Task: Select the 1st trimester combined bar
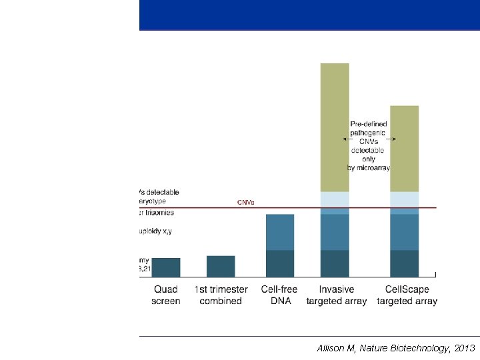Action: click(x=221, y=267)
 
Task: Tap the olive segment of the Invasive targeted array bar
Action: click(x=335, y=127)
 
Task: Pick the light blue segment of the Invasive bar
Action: click(x=335, y=199)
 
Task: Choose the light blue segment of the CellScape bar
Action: click(x=404, y=199)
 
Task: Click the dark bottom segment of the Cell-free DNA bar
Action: click(x=280, y=263)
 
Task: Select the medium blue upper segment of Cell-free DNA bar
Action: click(x=280, y=232)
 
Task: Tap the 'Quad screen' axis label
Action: click(x=166, y=295)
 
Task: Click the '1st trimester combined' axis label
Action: click(x=221, y=295)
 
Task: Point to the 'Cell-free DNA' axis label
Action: click(x=280, y=295)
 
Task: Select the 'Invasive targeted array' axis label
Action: click(x=336, y=295)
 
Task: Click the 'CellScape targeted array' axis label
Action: click(x=407, y=295)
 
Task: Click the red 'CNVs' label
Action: click(x=246, y=202)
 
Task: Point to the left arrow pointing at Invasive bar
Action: click(x=347, y=139)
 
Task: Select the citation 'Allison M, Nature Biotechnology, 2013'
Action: click(x=396, y=348)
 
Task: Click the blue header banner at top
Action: click(x=309, y=15)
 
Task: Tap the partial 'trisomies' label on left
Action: click(x=155, y=213)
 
